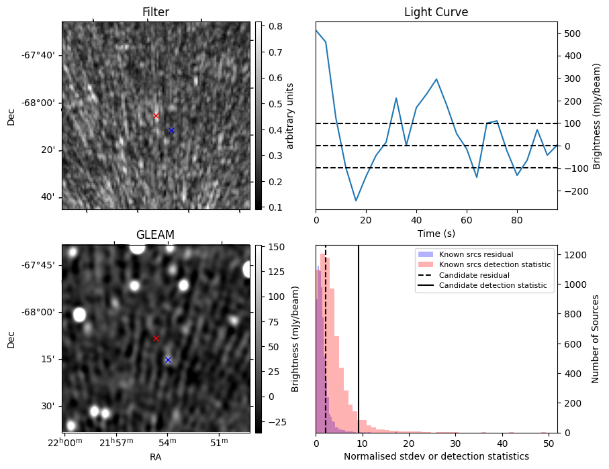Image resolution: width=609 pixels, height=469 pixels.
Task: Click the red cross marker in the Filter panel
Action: coord(156,115)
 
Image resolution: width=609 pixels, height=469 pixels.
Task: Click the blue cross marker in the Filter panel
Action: coord(171,130)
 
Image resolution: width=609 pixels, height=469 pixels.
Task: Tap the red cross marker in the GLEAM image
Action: coord(156,339)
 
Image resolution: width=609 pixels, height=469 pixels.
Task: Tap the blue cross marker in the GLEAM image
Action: coord(168,360)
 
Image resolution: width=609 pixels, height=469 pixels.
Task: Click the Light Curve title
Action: coord(436,12)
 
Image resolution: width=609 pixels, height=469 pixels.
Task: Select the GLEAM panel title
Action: coord(155,235)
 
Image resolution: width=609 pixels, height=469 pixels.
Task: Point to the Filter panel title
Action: coord(155,12)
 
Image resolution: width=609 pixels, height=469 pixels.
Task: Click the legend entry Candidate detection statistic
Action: coord(493,286)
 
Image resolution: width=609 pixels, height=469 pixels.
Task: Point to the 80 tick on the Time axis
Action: coord(517,219)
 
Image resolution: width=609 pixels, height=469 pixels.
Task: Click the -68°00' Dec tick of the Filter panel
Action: coord(40,103)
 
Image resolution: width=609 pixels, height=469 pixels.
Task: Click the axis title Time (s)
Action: coord(436,233)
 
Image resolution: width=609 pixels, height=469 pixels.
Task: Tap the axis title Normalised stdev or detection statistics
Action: coord(436,456)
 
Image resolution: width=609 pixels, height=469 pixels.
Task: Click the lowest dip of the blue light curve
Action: coord(357,201)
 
